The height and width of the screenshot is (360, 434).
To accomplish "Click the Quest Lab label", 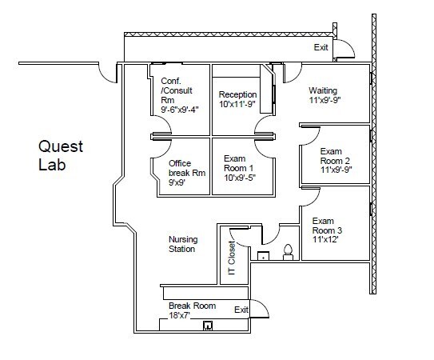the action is tap(61, 155).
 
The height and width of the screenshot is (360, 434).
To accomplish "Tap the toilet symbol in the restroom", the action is tap(288, 252).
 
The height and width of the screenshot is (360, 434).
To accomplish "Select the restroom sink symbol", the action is tap(263, 256).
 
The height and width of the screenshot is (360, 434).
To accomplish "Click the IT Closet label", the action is tap(232, 258).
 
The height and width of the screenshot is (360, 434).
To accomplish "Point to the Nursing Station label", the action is tap(183, 244).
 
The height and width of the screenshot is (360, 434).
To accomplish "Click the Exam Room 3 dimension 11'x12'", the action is tap(325, 239).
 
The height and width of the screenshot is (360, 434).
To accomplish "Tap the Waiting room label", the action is tap(323, 90).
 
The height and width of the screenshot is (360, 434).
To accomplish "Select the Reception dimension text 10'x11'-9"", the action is tap(237, 105).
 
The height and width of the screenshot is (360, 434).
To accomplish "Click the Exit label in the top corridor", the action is tap(321, 47).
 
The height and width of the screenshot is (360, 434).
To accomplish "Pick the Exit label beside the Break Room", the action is tap(241, 310).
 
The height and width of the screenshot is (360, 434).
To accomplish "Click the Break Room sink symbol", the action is tap(208, 326).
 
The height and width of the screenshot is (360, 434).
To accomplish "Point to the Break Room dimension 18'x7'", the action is tap(180, 315).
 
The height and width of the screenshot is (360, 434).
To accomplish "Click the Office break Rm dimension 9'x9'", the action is tap(177, 182).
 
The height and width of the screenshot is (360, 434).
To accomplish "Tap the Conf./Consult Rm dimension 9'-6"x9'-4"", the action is tap(180, 110).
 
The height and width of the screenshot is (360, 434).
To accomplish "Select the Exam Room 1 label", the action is tap(238, 163).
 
